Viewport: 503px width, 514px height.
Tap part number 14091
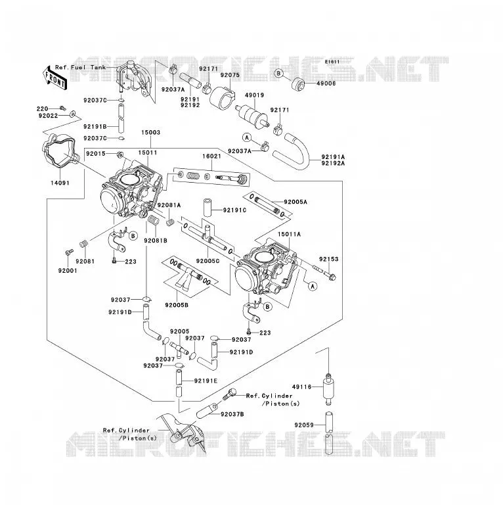click(60, 183)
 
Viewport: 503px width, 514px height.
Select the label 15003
click(150, 132)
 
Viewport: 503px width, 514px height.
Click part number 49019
click(254, 95)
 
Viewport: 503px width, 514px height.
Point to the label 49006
click(326, 83)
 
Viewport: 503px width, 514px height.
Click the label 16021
click(211, 156)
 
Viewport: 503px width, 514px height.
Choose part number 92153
click(329, 259)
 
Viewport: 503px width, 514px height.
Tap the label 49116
click(301, 387)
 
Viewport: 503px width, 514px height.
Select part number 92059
click(304, 425)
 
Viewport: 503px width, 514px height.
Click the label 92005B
click(177, 305)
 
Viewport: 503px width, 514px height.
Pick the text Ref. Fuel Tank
click(81, 67)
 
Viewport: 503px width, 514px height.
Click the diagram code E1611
click(332, 62)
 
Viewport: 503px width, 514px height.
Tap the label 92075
click(230, 75)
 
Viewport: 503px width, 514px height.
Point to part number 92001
click(68, 271)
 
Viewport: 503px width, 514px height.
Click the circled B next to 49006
click(278, 73)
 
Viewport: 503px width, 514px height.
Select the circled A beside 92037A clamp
click(247, 137)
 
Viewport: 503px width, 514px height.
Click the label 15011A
click(289, 235)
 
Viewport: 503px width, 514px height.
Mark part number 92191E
click(206, 381)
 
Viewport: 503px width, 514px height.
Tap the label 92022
click(48, 116)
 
